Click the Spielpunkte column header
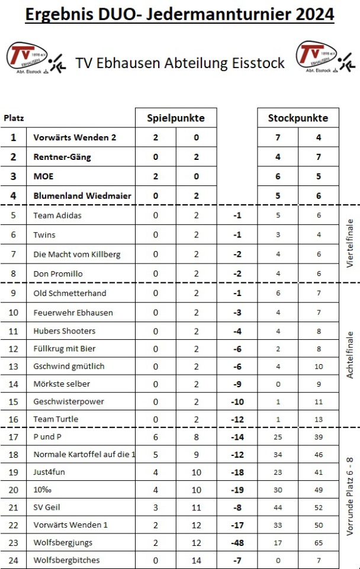[x=176, y=118]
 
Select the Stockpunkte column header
[x=298, y=118]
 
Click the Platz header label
[x=14, y=118]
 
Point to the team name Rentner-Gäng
[x=62, y=157]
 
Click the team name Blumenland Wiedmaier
[x=82, y=196]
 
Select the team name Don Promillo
[x=58, y=274]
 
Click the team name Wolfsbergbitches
[x=66, y=560]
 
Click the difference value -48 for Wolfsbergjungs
[x=237, y=542]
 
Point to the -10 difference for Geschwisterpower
[x=237, y=401]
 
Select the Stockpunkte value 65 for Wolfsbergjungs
[x=319, y=542]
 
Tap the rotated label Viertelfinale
[x=349, y=244]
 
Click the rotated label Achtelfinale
[x=349, y=355]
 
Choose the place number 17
[x=14, y=436]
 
